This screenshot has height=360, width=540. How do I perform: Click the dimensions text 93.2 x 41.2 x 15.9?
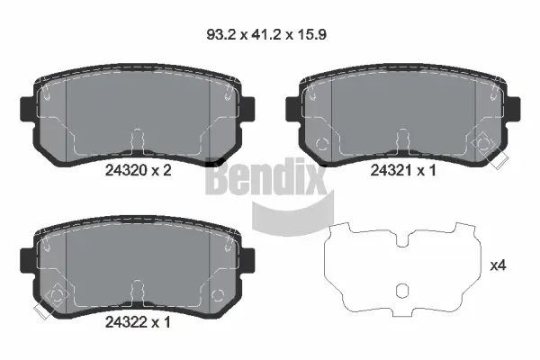coord(270,37)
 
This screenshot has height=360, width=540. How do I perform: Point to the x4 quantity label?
coord(497,265)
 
